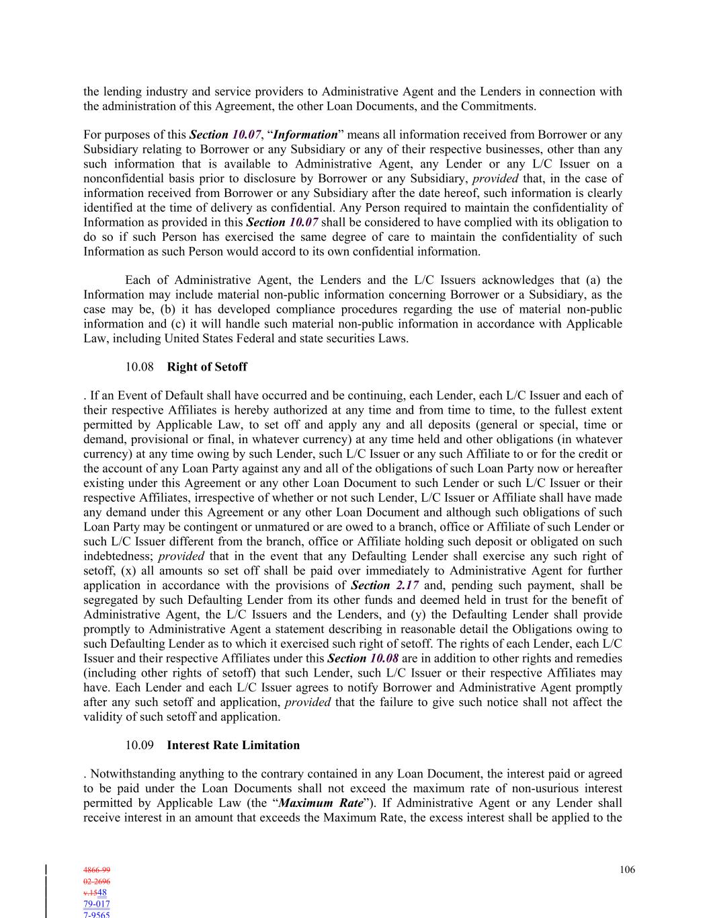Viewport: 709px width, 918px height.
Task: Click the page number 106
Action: pos(627,870)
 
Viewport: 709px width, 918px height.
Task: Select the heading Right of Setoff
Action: pos(207,367)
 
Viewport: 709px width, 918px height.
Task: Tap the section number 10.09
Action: pos(139,745)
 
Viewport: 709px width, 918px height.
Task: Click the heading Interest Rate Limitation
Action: pos(233,745)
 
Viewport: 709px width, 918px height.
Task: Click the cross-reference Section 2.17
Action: pos(386,585)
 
